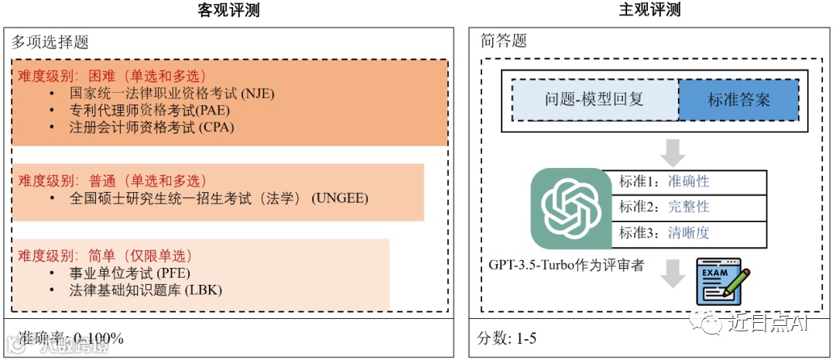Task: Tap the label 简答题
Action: coord(503,42)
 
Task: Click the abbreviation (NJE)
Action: coord(259,94)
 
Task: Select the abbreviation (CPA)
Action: coord(216,126)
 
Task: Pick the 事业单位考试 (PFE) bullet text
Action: coord(129,273)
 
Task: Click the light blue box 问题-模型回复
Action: coord(594,99)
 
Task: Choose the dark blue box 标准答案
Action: coord(738,99)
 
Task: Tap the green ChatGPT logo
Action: coord(570,207)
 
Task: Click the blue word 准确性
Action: coord(688,182)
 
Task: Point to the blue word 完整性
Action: coord(688,207)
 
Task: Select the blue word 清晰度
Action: coord(688,232)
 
